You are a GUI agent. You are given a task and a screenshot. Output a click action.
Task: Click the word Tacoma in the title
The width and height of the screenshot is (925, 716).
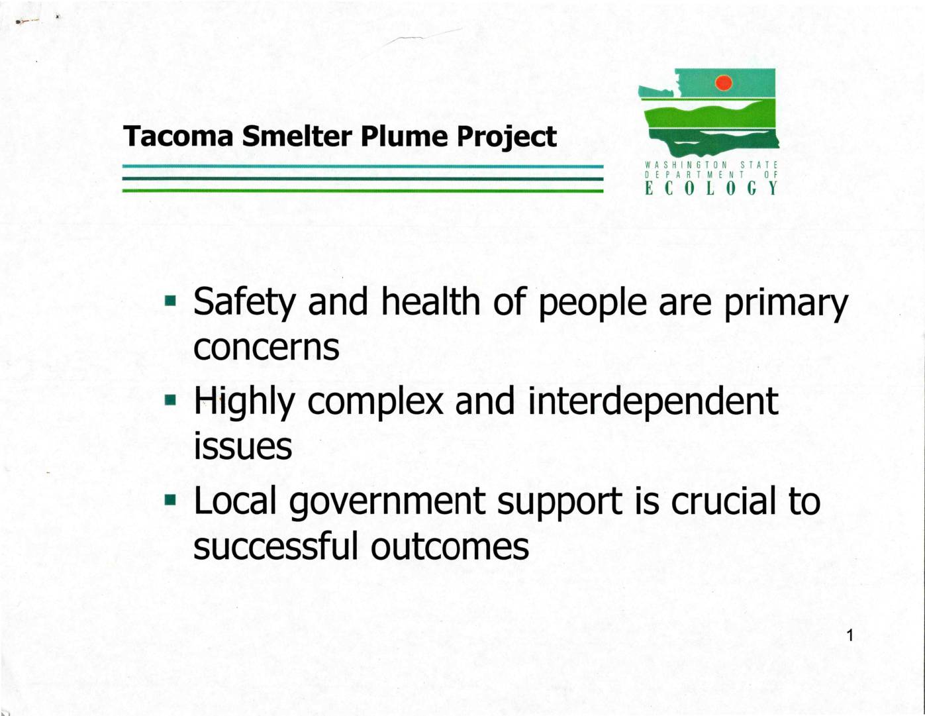(178, 136)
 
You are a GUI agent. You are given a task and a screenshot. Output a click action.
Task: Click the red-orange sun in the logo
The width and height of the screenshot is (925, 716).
(724, 83)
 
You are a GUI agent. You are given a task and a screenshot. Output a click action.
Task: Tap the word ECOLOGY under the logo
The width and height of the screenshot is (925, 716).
(712, 189)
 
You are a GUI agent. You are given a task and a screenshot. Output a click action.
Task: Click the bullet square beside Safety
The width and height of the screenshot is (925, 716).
(170, 301)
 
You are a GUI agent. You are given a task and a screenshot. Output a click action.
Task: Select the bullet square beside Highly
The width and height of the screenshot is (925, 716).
(170, 399)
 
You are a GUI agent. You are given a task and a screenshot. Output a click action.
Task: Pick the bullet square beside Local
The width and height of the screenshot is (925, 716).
(170, 499)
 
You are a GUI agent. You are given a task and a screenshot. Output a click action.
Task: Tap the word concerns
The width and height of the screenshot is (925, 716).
(266, 348)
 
